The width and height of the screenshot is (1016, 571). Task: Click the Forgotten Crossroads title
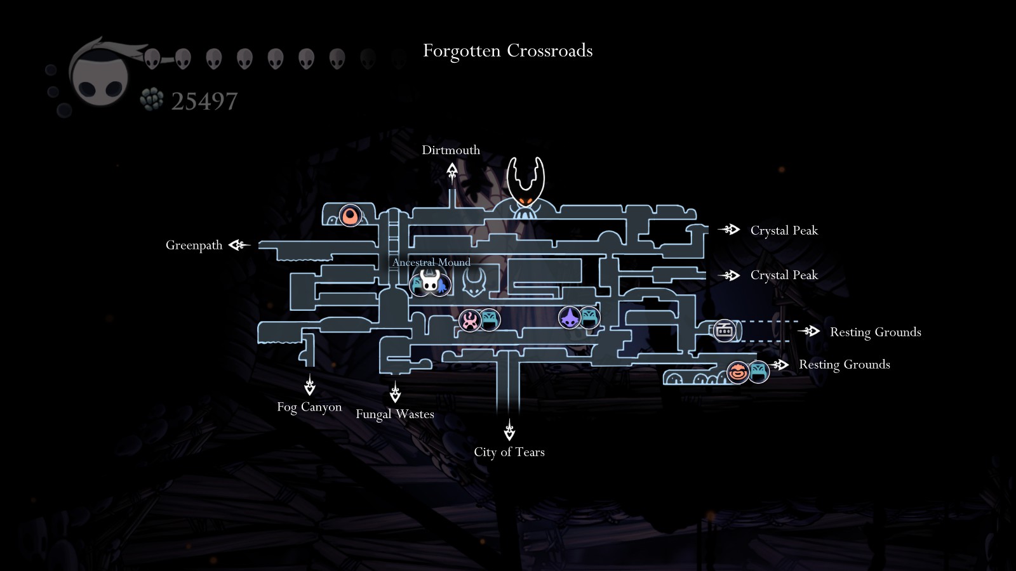pos(507,51)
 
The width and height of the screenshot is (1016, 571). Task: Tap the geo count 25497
pos(204,101)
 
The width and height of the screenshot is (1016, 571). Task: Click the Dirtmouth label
pos(451,150)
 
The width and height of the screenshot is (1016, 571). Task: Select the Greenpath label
pos(194,246)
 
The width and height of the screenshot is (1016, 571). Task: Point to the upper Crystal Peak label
pos(784,230)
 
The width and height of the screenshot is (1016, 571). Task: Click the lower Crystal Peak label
pos(784,275)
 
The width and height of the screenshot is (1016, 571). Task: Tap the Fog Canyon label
pos(309,407)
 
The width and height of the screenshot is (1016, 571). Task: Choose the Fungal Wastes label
pos(395,414)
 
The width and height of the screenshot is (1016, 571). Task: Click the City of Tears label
pos(509,452)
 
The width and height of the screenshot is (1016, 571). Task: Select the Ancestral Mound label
pos(431,262)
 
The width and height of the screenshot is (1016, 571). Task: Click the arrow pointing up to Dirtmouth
pos(451,172)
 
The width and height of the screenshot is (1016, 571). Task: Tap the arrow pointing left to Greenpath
pos(239,245)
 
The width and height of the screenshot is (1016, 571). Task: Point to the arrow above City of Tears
pos(509,431)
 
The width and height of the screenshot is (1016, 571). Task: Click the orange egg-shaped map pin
pos(351,216)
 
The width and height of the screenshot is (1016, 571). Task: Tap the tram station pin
pos(724,331)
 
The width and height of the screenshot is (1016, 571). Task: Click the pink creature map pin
pos(470,320)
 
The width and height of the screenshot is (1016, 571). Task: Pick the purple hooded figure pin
pos(570,317)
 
